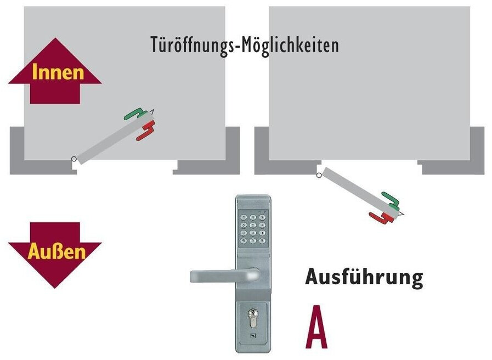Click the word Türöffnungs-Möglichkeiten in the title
tap(245, 45)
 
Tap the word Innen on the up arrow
tap(58, 72)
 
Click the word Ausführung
tap(364, 277)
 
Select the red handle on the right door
tap(382, 218)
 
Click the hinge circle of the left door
tap(73, 160)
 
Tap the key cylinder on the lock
tap(252, 318)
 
